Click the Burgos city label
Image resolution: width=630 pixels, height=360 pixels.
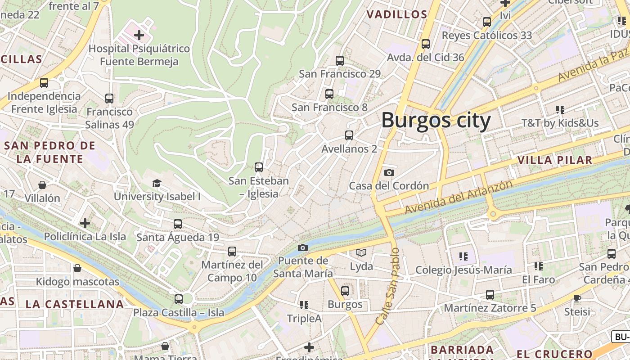point(436,121)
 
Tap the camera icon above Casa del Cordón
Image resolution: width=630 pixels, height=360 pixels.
point(389,172)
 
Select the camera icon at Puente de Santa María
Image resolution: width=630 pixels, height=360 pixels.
point(303,247)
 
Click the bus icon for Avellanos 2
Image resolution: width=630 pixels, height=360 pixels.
point(349,135)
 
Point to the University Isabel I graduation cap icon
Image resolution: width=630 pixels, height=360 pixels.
point(157,183)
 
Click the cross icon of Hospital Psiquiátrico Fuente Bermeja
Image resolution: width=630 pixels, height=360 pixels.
point(139,35)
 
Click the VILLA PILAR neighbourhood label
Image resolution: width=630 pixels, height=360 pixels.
point(554,160)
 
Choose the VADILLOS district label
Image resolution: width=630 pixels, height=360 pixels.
point(396,14)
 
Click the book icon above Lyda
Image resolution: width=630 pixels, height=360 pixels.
point(361,253)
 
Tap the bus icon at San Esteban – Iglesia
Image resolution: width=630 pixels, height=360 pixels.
point(259,167)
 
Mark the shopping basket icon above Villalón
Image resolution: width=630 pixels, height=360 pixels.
point(42,185)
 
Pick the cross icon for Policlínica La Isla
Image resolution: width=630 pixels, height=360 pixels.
point(85,223)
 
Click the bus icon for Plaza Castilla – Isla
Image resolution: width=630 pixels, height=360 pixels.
point(179,299)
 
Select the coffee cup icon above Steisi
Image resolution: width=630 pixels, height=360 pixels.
point(577,298)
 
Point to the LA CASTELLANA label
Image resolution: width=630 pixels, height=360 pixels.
point(75,304)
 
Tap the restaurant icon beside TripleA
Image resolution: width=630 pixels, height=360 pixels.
point(304,305)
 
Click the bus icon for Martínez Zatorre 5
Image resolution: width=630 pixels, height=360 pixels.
point(490,295)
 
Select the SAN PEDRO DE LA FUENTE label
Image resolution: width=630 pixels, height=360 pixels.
point(49,152)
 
